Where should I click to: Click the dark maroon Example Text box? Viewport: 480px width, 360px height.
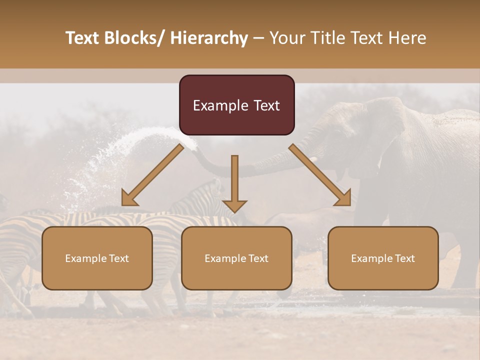click(236, 105)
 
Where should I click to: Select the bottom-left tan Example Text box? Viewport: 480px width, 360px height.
click(97, 258)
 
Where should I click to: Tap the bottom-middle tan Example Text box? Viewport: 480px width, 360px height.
click(236, 258)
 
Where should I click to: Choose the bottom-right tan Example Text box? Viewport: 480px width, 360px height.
click(383, 258)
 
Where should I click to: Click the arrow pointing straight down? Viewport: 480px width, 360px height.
click(234, 182)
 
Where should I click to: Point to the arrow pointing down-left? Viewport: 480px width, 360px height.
click(153, 174)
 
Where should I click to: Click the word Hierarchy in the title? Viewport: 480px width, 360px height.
click(209, 38)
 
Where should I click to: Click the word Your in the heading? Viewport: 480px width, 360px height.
click(288, 38)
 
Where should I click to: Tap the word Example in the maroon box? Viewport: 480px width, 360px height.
click(220, 105)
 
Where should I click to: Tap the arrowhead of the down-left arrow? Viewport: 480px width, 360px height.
click(129, 198)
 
